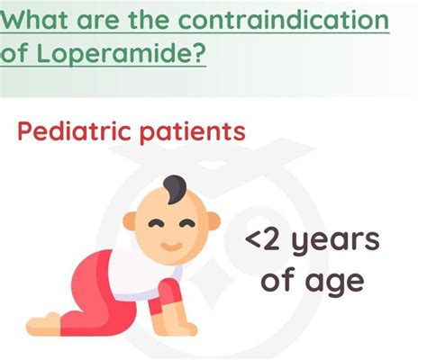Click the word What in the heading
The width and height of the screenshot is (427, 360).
tap(40, 19)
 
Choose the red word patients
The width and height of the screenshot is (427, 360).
tap(193, 131)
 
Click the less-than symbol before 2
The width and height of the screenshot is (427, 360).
tap(257, 244)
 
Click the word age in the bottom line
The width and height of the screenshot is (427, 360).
tap(332, 282)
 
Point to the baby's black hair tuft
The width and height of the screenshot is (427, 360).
tap(176, 188)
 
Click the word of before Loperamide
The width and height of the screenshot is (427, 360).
tap(16, 55)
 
